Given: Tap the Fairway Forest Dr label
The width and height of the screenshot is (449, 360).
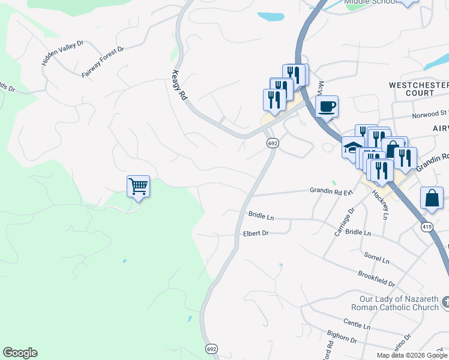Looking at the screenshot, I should click(103, 62).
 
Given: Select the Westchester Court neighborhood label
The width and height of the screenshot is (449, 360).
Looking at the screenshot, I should click(418, 89).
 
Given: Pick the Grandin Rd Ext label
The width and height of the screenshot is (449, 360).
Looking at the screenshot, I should click(330, 190).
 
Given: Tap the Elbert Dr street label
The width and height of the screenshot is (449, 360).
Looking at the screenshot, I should click(256, 233).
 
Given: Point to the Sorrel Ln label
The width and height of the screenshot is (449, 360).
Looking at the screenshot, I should click(377, 258).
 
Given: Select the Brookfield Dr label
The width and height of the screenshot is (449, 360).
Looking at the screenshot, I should click(376, 278).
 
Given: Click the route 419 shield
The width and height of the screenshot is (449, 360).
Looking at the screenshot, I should click(427, 227).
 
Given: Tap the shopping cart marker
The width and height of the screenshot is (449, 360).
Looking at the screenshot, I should click(138, 187).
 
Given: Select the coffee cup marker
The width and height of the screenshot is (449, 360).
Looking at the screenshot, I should click(327, 107).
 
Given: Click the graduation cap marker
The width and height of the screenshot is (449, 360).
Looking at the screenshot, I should click(352, 147).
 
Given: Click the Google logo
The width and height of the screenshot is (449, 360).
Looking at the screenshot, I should click(20, 353).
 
